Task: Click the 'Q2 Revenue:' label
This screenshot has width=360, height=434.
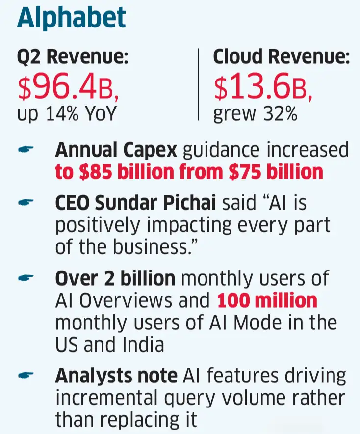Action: click(73, 58)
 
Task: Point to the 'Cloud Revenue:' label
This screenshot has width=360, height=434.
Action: click(282, 58)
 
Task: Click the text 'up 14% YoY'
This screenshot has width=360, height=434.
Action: click(67, 114)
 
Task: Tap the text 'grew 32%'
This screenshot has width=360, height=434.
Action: click(255, 114)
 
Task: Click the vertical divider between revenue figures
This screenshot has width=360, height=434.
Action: click(199, 84)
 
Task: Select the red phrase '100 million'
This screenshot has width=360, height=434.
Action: click(267, 300)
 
